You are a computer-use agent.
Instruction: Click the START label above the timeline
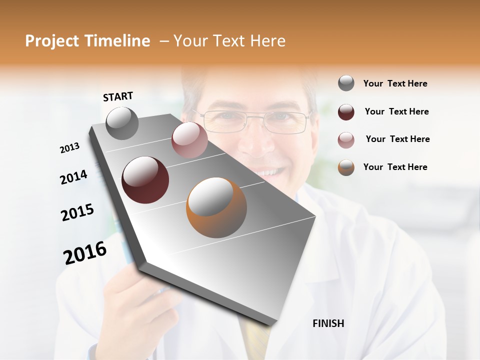[118, 96]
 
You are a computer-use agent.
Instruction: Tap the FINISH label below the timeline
[328, 323]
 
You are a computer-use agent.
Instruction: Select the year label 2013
[69, 147]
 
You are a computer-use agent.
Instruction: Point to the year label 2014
[73, 177]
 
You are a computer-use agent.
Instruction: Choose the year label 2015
[77, 212]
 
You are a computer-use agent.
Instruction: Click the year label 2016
[85, 253]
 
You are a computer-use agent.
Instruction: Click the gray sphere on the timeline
[122, 123]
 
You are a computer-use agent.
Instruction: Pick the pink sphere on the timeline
[189, 140]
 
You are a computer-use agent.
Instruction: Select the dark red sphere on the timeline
[145, 180]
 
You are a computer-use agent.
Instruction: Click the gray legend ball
[346, 83]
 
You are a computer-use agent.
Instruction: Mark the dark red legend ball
[346, 112]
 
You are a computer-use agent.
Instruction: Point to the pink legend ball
[346, 139]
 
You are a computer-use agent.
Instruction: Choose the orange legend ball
[346, 167]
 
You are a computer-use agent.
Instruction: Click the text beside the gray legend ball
[395, 83]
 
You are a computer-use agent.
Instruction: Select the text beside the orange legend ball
[395, 167]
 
